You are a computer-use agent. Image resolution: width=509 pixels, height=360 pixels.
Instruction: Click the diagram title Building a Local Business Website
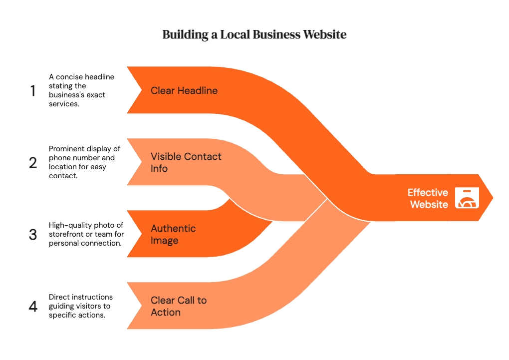[x=254, y=35]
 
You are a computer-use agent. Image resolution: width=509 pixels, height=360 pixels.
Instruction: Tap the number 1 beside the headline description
[x=33, y=91]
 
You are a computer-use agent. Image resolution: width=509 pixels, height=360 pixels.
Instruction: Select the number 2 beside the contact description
[x=33, y=163]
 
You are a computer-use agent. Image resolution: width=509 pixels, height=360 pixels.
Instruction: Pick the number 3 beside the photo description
[x=33, y=234]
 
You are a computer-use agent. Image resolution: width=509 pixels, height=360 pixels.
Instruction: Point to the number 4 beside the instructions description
[x=33, y=306]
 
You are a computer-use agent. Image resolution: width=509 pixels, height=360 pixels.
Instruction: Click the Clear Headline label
[x=184, y=91]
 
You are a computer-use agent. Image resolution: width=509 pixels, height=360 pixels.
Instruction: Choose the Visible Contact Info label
[x=186, y=162]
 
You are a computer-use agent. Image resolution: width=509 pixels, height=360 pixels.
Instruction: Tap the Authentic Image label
[x=173, y=234]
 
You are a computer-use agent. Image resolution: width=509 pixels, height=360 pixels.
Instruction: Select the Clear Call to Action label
[x=179, y=306]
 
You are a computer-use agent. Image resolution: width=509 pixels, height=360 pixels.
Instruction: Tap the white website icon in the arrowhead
[x=467, y=198]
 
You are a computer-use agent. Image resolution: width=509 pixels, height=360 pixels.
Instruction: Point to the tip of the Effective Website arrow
[x=493, y=198]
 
